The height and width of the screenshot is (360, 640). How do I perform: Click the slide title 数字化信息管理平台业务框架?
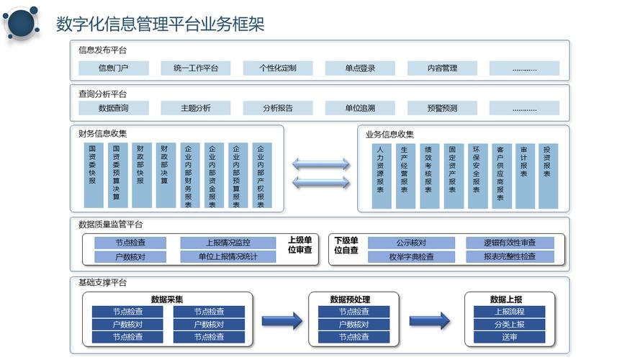(x=160, y=24)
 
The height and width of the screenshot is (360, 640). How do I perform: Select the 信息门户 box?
(x=113, y=68)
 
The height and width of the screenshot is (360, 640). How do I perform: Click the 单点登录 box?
(x=360, y=68)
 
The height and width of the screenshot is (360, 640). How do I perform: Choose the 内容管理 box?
(x=442, y=68)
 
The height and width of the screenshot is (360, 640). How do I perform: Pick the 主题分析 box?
(x=195, y=108)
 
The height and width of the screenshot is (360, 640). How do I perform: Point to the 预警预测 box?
(x=442, y=108)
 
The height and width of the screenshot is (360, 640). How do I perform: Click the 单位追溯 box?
(x=360, y=108)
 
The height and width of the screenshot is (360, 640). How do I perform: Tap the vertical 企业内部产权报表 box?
(x=261, y=176)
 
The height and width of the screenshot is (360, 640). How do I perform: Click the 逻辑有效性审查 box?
(x=509, y=243)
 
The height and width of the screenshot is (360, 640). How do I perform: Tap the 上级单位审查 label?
(x=299, y=245)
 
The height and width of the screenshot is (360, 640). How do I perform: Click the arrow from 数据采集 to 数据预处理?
(x=281, y=321)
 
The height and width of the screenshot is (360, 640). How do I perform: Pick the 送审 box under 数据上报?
(x=509, y=337)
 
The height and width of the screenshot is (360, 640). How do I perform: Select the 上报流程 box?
(x=509, y=312)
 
